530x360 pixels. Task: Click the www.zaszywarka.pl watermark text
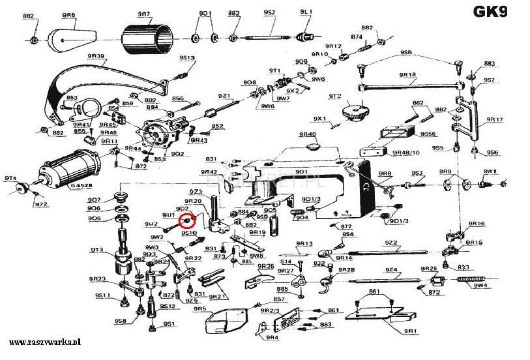pyautogui.click(x=44, y=342)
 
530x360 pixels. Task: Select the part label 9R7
pyautogui.click(x=144, y=13)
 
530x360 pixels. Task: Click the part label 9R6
pyautogui.click(x=68, y=14)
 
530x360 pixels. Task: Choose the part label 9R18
pyautogui.click(x=407, y=75)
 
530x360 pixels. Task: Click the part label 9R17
pyautogui.click(x=495, y=119)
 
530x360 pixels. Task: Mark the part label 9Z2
pyautogui.click(x=390, y=243)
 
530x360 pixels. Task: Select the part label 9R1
pyautogui.click(x=410, y=331)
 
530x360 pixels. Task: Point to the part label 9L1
pyautogui.click(x=306, y=12)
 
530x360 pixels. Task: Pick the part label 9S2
pyautogui.click(x=269, y=12)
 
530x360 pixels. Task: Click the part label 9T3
pyautogui.click(x=97, y=249)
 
